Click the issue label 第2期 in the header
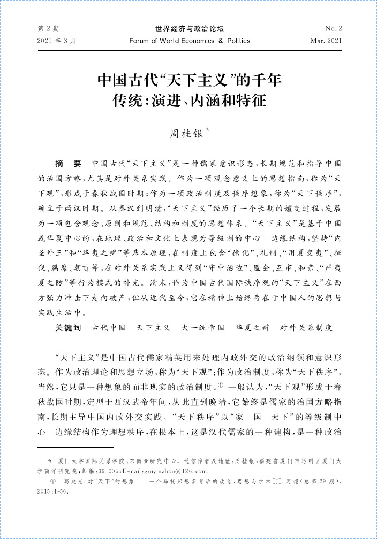(48, 28)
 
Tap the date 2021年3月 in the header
(57, 41)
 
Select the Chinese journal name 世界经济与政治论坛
(189, 28)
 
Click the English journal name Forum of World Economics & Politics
(190, 41)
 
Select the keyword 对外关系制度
(306, 327)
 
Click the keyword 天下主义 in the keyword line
(154, 327)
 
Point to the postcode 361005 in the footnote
(106, 471)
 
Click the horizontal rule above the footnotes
(76, 447)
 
